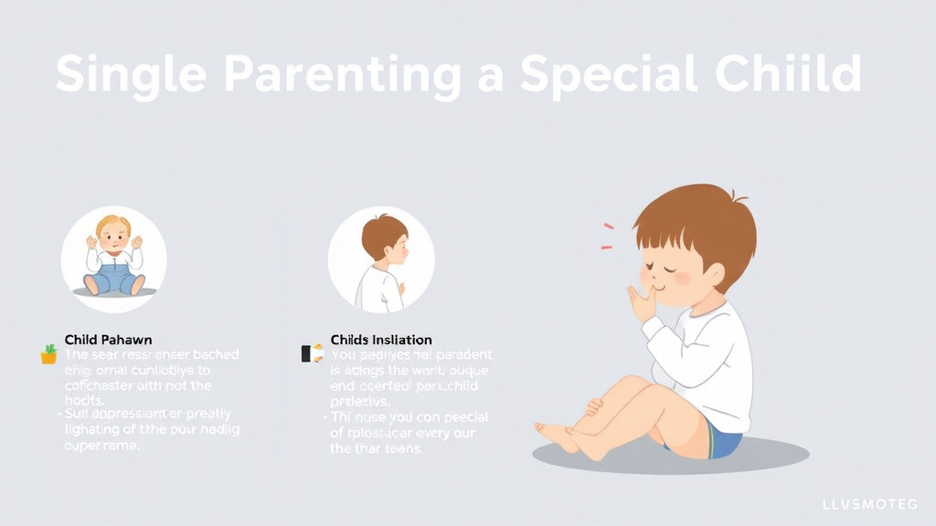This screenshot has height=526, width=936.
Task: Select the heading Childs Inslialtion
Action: tap(381, 340)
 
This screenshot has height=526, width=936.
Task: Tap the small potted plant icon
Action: tap(48, 354)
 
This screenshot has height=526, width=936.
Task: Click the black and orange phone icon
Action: tap(312, 353)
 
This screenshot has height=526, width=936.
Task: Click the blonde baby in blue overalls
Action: tap(113, 260)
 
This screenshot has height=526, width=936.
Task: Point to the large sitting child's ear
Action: tap(714, 274)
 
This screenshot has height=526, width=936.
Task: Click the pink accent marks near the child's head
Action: tap(607, 236)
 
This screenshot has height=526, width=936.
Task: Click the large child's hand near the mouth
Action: tap(643, 301)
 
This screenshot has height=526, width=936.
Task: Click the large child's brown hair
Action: tap(699, 219)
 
